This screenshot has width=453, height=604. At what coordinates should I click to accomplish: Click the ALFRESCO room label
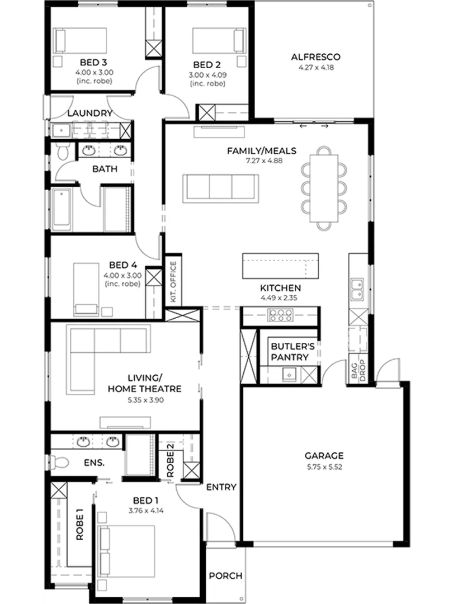tap(315, 57)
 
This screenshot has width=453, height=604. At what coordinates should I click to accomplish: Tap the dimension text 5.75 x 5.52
tap(324, 467)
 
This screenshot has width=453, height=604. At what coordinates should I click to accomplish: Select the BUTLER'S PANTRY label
tap(290, 352)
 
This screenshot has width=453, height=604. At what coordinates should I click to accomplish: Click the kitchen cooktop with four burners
tap(281, 315)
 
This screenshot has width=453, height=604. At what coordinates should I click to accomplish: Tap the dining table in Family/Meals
tap(324, 188)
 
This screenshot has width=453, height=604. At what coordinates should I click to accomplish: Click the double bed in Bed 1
tap(126, 551)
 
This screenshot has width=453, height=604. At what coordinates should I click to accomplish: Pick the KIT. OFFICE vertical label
tap(173, 281)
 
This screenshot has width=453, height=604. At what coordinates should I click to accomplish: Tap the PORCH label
tap(226, 575)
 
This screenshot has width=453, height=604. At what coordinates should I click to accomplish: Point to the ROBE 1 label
tap(80, 524)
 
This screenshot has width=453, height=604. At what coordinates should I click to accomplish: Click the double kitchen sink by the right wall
tap(357, 289)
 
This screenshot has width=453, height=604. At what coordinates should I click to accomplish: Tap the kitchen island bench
tap(280, 266)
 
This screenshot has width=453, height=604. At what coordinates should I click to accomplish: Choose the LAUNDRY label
tap(89, 113)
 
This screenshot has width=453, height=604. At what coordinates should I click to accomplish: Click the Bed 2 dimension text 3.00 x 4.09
tap(207, 75)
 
